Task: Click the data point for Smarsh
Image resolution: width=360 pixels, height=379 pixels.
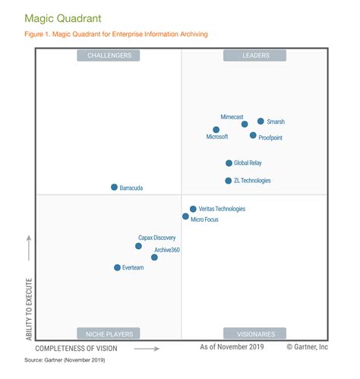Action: pos(261,121)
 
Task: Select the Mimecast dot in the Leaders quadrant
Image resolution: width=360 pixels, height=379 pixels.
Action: pos(245,124)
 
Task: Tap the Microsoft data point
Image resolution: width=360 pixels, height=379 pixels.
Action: pos(216,130)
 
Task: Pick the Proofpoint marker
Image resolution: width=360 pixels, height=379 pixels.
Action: pos(253,135)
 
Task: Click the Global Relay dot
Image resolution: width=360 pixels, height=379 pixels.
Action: pos(229,163)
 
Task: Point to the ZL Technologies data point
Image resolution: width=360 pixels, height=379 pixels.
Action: pos(228,181)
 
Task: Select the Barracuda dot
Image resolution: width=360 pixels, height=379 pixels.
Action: pos(114,187)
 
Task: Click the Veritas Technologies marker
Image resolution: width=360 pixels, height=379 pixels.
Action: pos(193,209)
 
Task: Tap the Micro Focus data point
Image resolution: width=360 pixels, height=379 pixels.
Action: pos(185,216)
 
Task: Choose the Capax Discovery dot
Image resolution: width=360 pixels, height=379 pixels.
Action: pos(138,246)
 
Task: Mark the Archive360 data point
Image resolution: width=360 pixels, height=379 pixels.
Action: pos(154,257)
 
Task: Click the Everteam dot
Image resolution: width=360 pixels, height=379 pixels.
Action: pos(117,267)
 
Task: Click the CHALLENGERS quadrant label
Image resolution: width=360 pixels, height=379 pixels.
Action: pos(109,55)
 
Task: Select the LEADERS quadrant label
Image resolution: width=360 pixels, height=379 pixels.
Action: pos(254,55)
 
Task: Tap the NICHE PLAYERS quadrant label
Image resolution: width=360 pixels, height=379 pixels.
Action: pos(109,333)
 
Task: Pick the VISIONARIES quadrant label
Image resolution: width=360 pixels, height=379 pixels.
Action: pos(254,333)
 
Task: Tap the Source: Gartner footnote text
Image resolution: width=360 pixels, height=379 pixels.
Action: pos(65,360)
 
